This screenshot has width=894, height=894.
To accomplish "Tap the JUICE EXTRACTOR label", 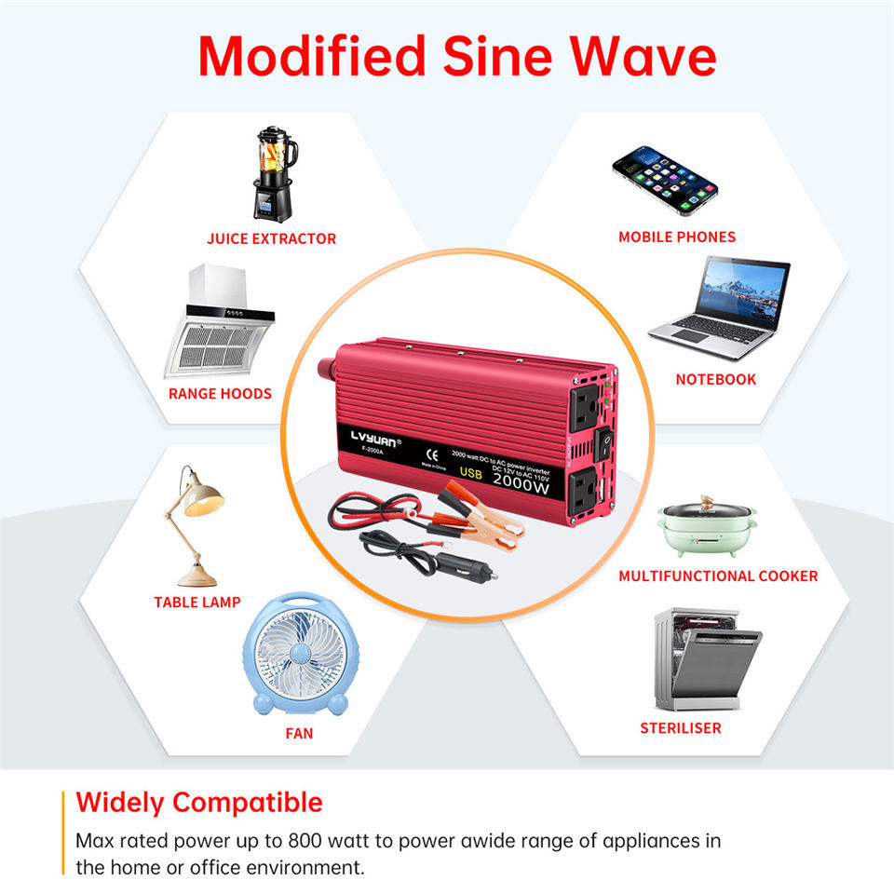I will pyautogui.click(x=271, y=239).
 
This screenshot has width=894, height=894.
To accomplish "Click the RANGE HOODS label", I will pyautogui.click(x=220, y=394).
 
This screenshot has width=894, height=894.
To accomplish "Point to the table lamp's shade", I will pyautogui.click(x=203, y=497).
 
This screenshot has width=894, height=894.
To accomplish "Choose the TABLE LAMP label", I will pyautogui.click(x=197, y=603).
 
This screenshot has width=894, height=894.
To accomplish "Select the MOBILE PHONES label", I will pyautogui.click(x=677, y=237).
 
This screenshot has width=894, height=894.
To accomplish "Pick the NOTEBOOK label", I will pyautogui.click(x=716, y=380).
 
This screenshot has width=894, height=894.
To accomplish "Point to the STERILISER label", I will pyautogui.click(x=681, y=728).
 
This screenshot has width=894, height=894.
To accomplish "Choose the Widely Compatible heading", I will pyautogui.click(x=199, y=803).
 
